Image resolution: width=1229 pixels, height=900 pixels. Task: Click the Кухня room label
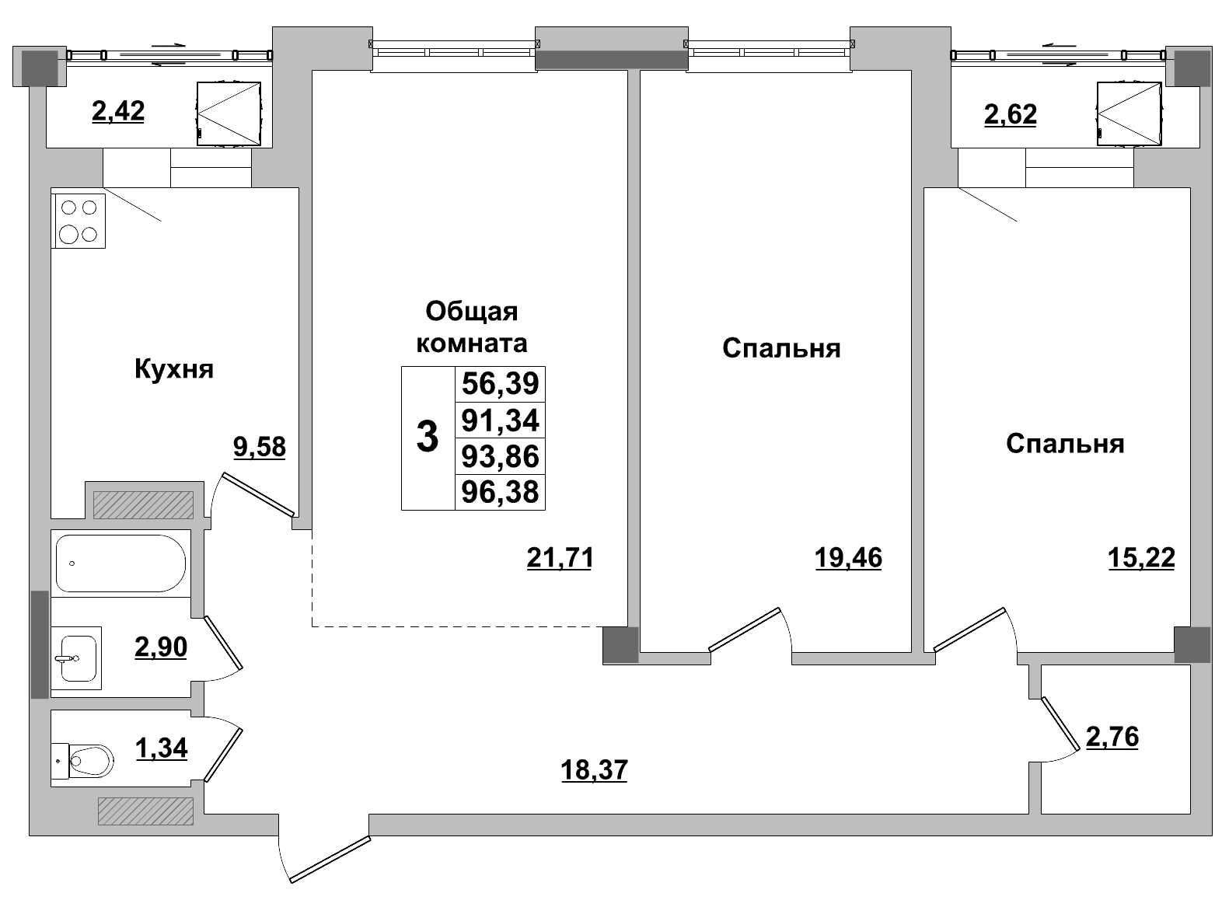174,368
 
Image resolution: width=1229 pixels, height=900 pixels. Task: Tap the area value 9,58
260,447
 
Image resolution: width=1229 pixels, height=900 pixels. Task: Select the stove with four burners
79,221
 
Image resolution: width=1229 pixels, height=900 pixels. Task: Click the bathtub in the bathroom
120,563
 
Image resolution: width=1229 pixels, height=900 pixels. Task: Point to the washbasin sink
77,658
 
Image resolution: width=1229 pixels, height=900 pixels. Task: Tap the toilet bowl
89,757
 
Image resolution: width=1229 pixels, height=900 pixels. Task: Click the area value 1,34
162,748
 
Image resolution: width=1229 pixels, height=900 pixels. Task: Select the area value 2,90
161,647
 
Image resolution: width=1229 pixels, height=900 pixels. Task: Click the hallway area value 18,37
594,770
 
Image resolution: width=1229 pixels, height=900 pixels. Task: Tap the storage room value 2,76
1112,737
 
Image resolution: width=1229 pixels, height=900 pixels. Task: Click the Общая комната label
472,327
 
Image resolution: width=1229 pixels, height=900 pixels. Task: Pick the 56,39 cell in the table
500,384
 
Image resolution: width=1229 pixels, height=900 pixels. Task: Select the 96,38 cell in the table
500,492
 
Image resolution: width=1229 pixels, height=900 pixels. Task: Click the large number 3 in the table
428,438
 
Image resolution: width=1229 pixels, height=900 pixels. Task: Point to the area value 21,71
560,557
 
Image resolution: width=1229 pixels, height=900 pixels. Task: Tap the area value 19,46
848,557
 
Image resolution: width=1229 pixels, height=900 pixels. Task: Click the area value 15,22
1141,557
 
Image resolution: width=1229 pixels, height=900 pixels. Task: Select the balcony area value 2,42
118,112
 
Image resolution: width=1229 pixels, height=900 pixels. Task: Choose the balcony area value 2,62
1010,115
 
